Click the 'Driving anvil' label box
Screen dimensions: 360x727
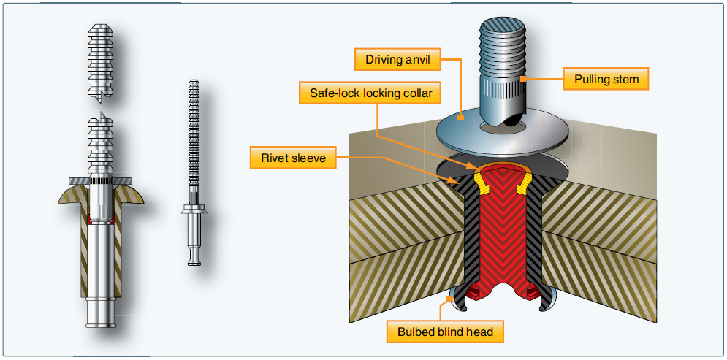pos(397,59)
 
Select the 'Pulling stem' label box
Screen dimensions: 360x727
pos(606,78)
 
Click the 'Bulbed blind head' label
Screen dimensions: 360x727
pos(446,332)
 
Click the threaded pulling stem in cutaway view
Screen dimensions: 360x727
pos(503,66)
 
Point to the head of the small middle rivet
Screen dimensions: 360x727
pos(194,212)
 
